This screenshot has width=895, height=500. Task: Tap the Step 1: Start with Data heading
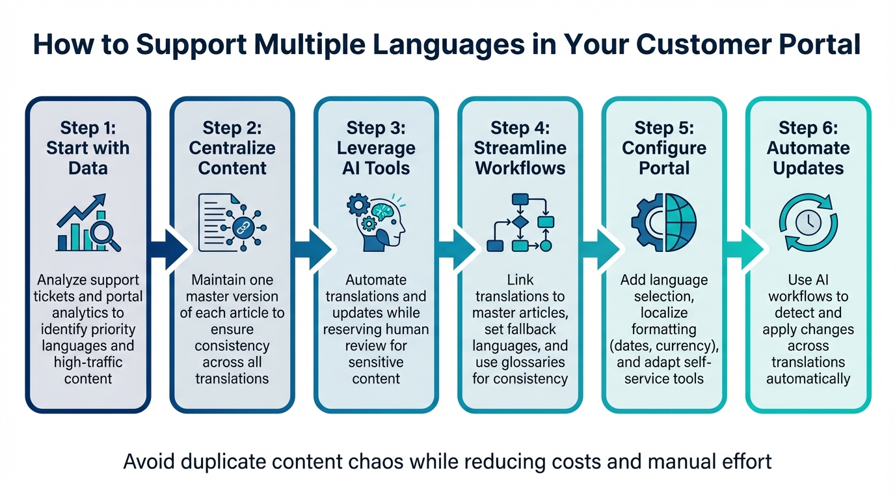[88, 148]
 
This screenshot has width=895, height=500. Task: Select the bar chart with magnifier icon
[88, 223]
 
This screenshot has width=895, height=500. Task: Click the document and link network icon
[232, 223]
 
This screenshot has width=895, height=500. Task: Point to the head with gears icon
[376, 223]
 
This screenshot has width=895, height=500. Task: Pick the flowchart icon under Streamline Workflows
[520, 223]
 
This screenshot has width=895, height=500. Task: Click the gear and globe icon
[663, 223]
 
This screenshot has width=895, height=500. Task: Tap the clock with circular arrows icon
[808, 223]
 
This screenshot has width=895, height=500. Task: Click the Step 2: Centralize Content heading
[232, 148]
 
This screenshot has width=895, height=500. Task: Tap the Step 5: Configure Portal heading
[663, 148]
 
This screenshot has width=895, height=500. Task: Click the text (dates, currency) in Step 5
[663, 346]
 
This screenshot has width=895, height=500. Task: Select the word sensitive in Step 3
[376, 362]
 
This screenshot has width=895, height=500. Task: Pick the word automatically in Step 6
[808, 378]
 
